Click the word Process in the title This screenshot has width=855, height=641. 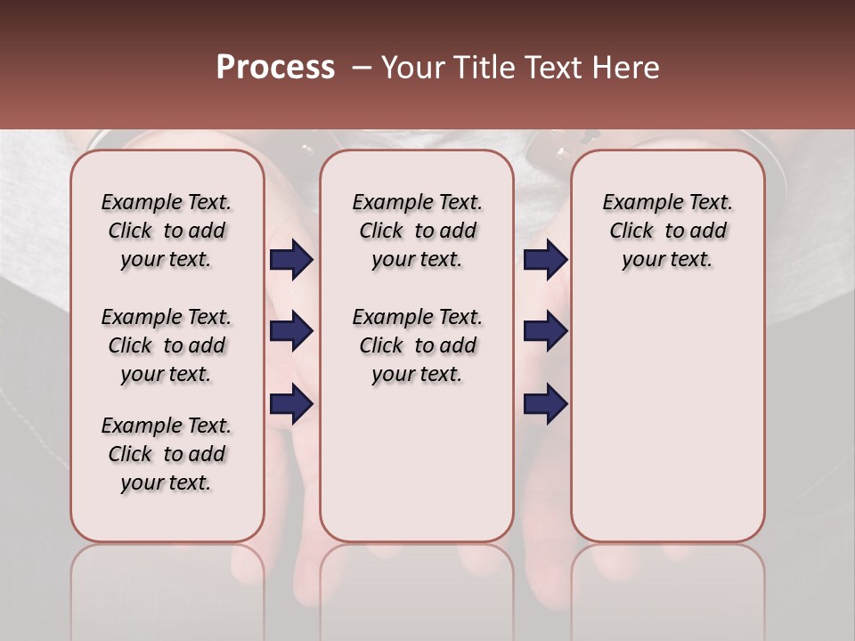[275, 68]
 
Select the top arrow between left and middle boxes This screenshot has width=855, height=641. [291, 259]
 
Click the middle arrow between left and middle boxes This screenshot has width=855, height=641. [291, 331]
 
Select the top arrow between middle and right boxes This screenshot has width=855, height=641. [545, 259]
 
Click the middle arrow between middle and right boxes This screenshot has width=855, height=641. [545, 331]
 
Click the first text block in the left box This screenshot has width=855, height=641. [167, 231]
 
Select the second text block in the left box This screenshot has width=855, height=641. [167, 345]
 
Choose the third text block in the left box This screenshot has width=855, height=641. [167, 454]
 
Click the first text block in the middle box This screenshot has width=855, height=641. [417, 231]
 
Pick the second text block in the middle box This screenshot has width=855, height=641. [417, 345]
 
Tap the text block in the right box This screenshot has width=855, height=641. [668, 231]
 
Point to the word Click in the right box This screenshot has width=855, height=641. [631, 231]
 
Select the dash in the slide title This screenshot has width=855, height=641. [362, 68]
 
